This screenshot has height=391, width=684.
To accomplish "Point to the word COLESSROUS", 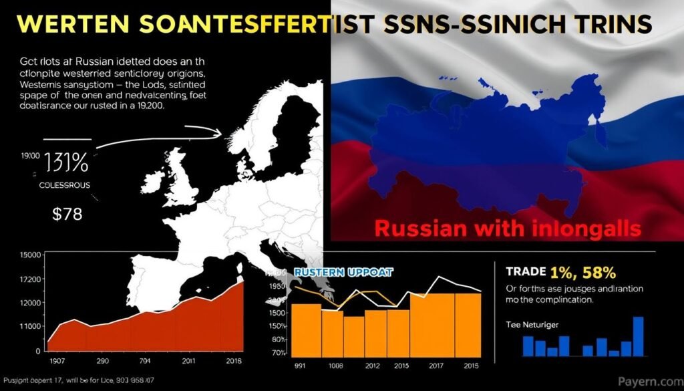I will (x=63, y=184).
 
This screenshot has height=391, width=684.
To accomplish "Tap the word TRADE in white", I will (x=524, y=273).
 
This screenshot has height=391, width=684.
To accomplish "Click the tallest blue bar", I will (x=638, y=336).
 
